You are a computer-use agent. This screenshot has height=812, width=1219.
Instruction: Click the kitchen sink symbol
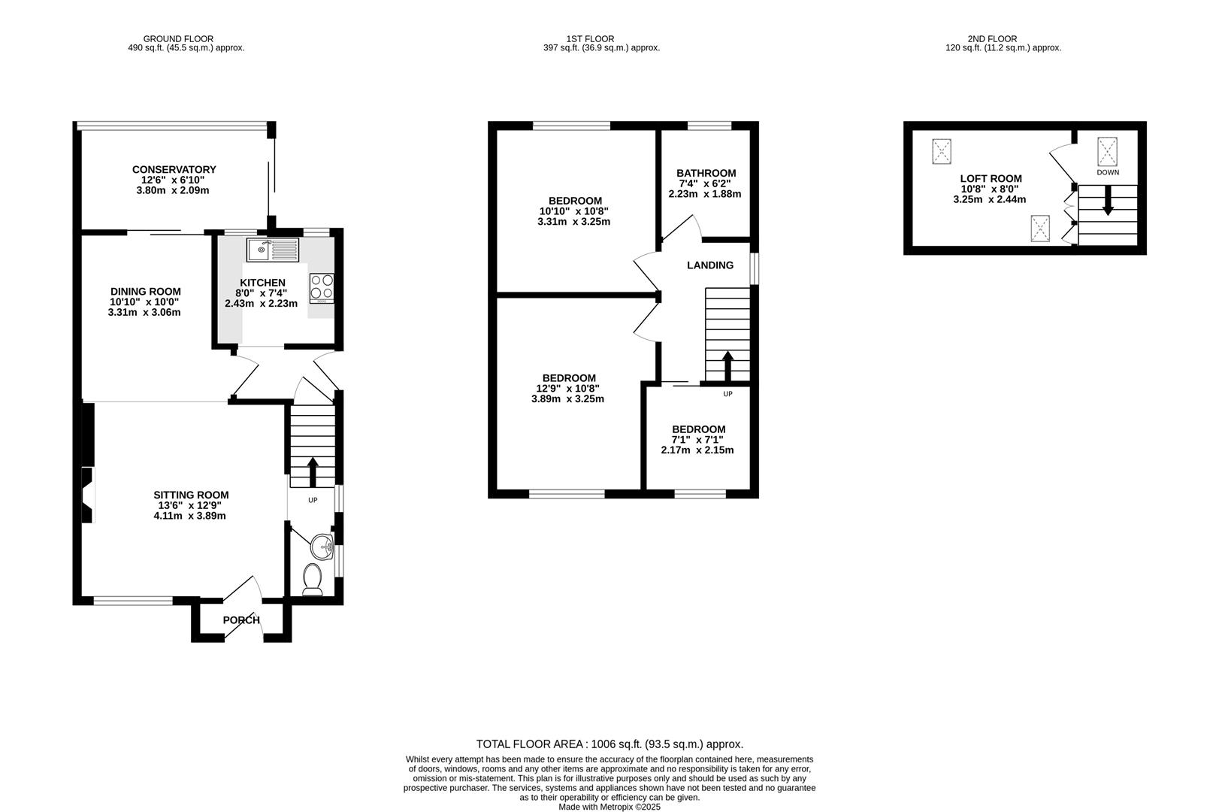(272, 250)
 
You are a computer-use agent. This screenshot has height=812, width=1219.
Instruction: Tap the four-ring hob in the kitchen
(322, 286)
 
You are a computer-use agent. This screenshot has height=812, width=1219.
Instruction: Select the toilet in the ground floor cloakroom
(312, 580)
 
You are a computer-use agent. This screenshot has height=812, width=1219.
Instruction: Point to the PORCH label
(241, 620)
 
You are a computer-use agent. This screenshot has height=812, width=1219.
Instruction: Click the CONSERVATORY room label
(174, 169)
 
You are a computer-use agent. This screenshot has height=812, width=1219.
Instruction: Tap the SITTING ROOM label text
(191, 495)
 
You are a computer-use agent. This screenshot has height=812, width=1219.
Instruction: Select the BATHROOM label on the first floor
(706, 173)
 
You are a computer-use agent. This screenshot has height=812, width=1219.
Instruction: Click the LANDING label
(709, 265)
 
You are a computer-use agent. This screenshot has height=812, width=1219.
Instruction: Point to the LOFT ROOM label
(991, 178)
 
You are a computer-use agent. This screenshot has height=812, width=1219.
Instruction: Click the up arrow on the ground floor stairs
(313, 471)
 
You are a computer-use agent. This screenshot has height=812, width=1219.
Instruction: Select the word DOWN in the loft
(1107, 172)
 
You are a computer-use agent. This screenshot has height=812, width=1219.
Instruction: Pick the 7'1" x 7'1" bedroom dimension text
(698, 440)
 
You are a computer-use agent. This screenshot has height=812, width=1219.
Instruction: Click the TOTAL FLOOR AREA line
(609, 744)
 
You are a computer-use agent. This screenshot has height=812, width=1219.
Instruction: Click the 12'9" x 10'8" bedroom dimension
(568, 389)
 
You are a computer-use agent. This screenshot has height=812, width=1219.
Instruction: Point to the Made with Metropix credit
(609, 807)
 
